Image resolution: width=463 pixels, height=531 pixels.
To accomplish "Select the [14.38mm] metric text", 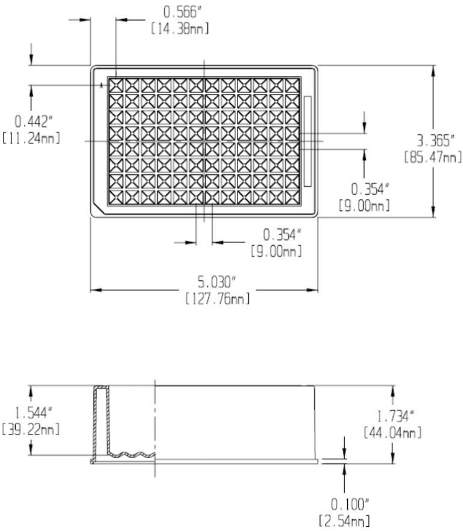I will (x=180, y=28).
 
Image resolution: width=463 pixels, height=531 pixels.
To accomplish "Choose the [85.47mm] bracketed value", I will (x=433, y=158).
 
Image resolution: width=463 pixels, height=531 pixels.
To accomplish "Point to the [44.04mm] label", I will (x=392, y=432).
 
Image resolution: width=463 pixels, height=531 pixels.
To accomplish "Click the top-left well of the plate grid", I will (x=116, y=84).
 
